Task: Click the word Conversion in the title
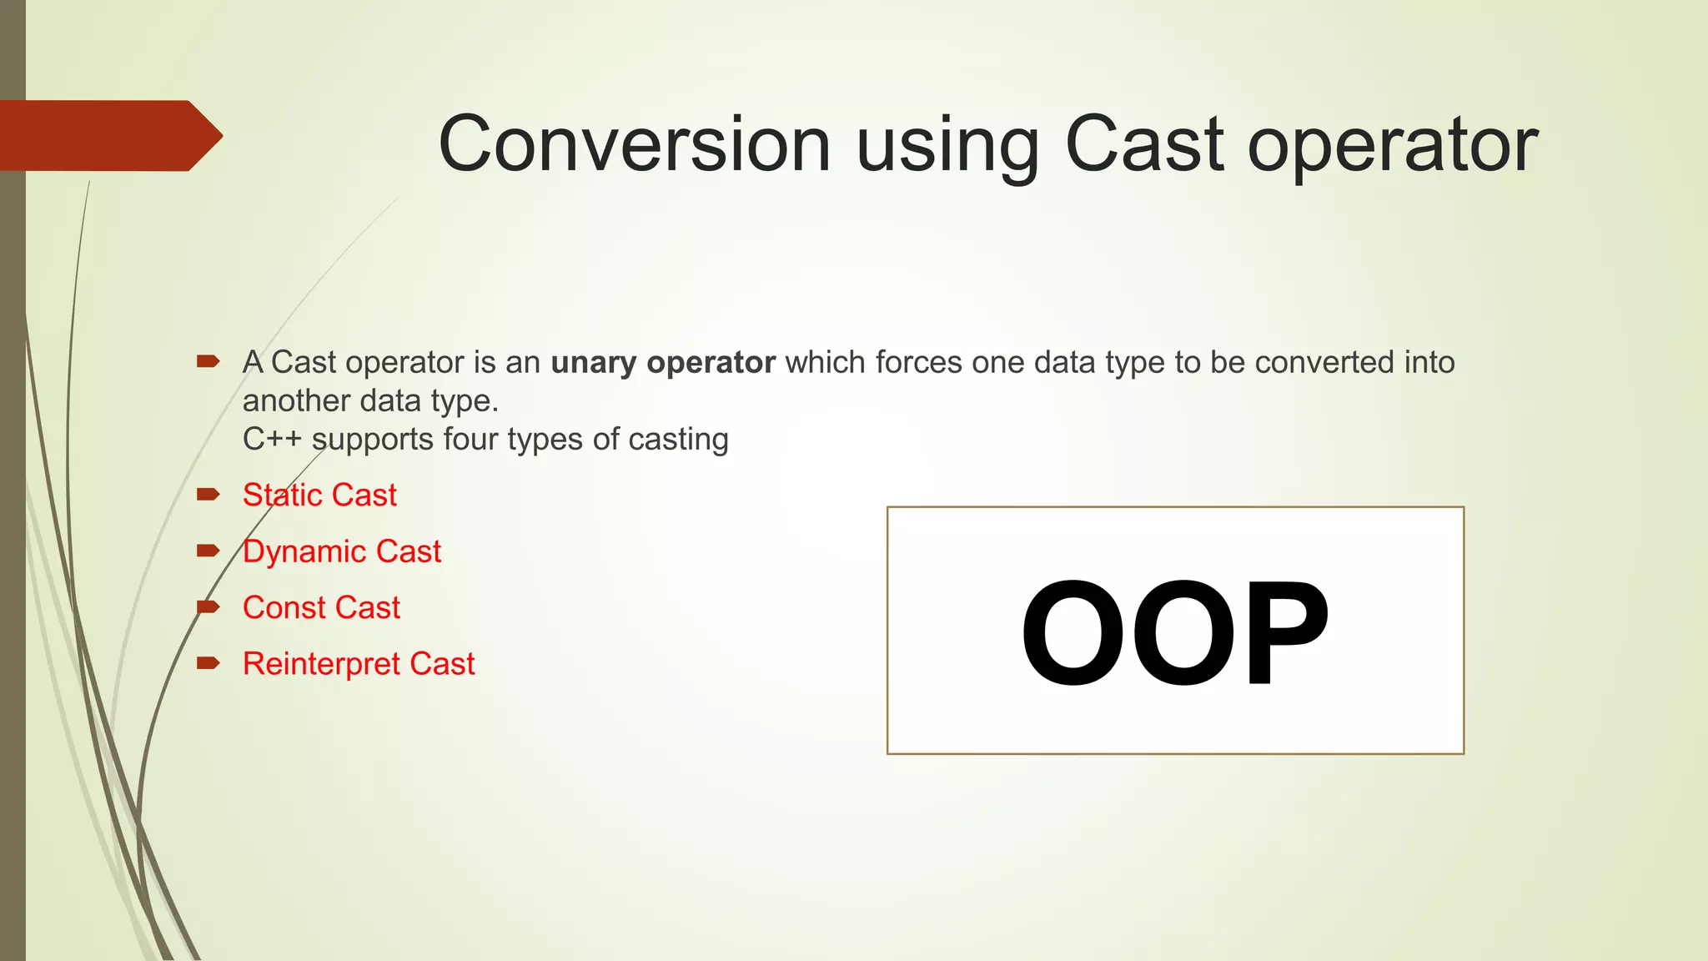tap(634, 144)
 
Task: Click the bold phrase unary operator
tap(663, 363)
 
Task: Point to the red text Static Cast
tap(319, 495)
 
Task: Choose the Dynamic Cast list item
tap(341, 551)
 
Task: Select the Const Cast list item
tap(321, 607)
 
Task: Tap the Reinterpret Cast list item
tap(359, 664)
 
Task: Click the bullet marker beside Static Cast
tap(208, 495)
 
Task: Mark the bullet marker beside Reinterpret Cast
tap(208, 663)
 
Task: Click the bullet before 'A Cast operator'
tap(208, 361)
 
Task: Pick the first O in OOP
tap(1073, 633)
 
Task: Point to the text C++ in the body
tap(272, 440)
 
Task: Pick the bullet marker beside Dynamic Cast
tap(208, 551)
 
